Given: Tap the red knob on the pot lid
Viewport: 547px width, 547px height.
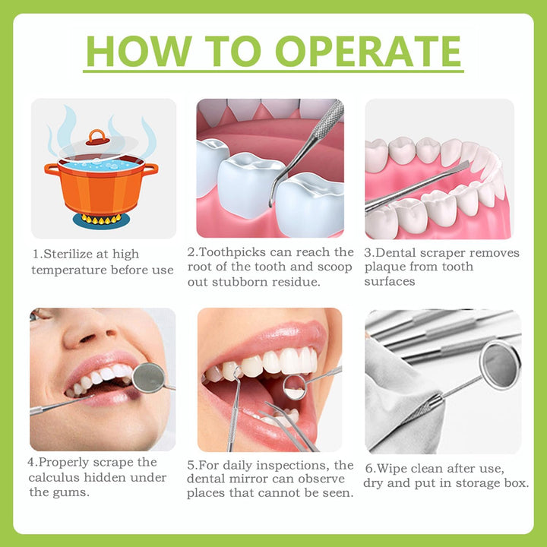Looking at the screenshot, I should pyautogui.click(x=96, y=138).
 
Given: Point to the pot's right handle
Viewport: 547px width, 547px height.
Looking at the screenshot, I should pyautogui.click(x=150, y=169).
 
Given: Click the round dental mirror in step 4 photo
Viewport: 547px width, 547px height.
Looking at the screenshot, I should pyautogui.click(x=148, y=375).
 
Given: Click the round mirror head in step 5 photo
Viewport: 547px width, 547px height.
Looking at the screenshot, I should pyautogui.click(x=295, y=386).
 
